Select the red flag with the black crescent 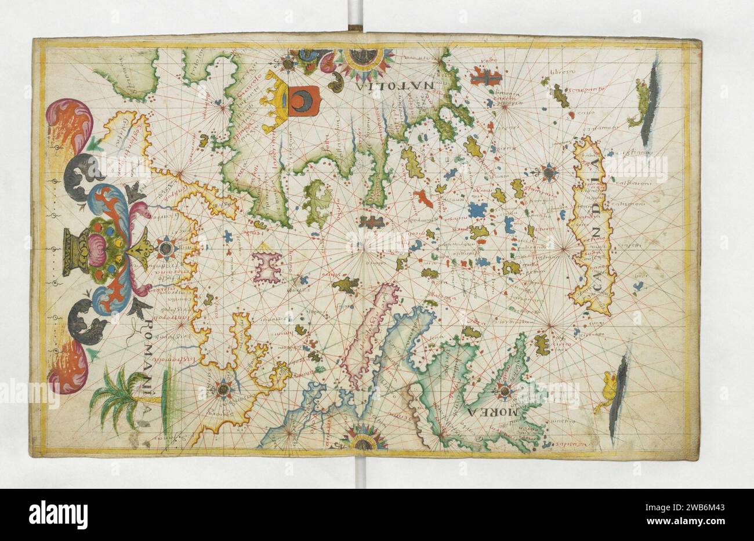pyautogui.click(x=304, y=101)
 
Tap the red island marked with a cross pyautogui.click(x=485, y=75)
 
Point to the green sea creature pyautogui.click(x=640, y=106)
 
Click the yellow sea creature pyautogui.click(x=610, y=386)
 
